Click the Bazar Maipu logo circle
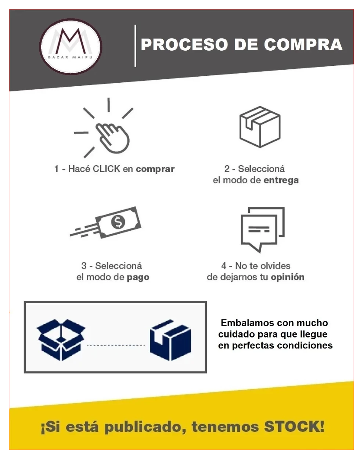[71, 47]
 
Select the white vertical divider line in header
[135, 46]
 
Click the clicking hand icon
[112, 138]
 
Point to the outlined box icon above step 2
[260, 127]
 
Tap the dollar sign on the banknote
[118, 222]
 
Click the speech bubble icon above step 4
[262, 230]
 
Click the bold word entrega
[281, 181]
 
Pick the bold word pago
[138, 278]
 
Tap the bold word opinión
[287, 277]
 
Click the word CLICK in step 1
[107, 169]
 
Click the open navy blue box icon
[61, 340]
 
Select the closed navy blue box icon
[170, 340]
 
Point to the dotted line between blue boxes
[116, 345]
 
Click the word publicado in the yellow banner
[145, 427]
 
